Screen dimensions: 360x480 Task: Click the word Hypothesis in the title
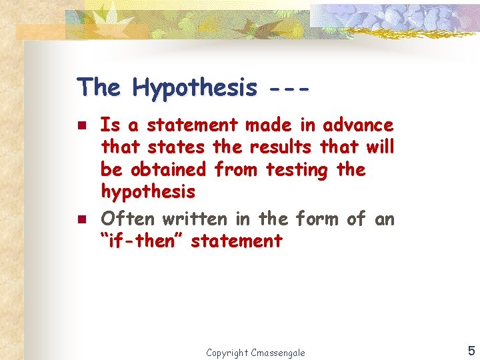click(194, 87)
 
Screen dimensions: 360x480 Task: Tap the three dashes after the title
click(289, 87)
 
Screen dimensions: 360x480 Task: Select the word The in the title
click(99, 87)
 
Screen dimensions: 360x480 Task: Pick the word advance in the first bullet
click(358, 125)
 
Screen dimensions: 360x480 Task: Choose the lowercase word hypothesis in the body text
click(148, 193)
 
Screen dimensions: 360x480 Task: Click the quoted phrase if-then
click(143, 240)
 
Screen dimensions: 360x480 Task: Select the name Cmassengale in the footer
click(278, 352)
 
